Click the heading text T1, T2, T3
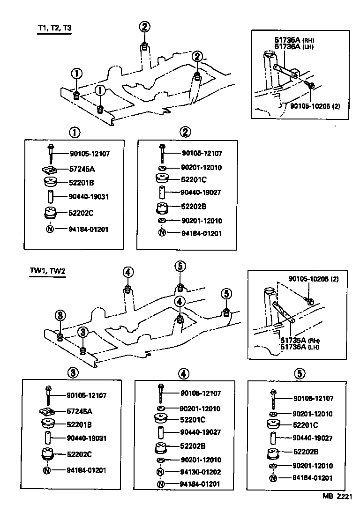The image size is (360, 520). [x=54, y=28]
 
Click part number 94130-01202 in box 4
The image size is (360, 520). [x=201, y=472]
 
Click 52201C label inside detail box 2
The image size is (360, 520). [x=194, y=179]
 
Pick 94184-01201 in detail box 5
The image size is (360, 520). [x=313, y=478]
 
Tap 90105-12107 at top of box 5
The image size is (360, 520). [x=313, y=399]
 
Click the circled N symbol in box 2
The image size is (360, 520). [x=162, y=233]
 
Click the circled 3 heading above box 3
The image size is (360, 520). [x=73, y=373]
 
